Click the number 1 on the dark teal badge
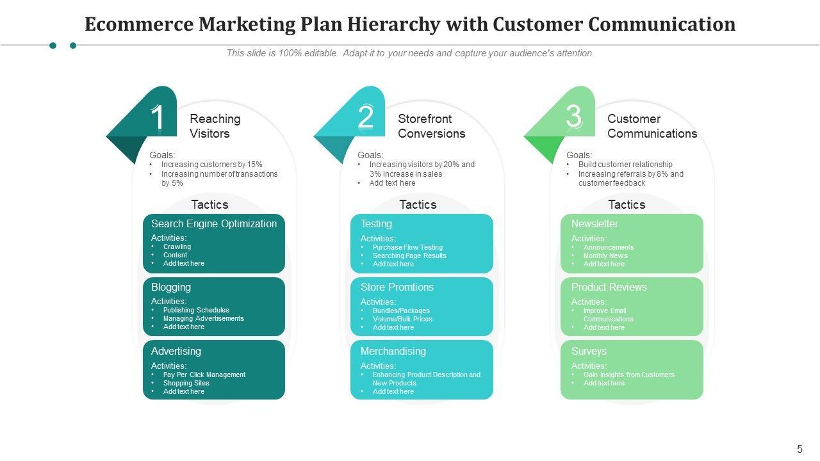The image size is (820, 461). [158, 118]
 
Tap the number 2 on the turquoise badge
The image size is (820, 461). [366, 118]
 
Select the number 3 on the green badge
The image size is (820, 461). [574, 117]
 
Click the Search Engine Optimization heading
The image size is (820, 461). [214, 223]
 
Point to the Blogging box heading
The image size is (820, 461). [171, 287]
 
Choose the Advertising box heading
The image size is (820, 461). [176, 351]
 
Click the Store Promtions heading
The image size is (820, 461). [397, 287]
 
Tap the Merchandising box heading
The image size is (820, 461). [393, 351]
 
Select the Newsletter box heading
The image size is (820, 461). [594, 223]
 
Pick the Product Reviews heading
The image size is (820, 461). [609, 287]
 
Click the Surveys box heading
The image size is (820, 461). [589, 351]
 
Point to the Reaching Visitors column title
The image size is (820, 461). [215, 126]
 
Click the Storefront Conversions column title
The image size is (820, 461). [432, 126]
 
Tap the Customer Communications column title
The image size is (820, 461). [652, 126]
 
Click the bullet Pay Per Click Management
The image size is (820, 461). [204, 375]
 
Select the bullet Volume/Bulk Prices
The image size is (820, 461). [402, 319]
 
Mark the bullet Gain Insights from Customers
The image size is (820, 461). [628, 375]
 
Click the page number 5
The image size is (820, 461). [799, 449]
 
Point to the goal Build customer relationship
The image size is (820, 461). [625, 165]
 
